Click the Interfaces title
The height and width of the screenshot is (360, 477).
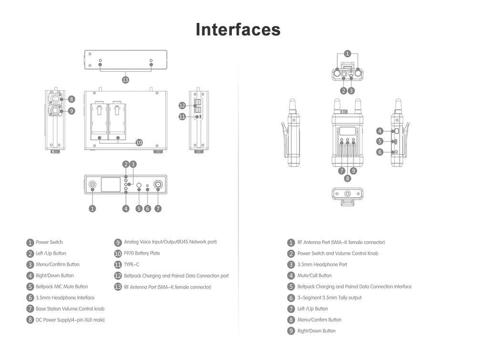[238, 30]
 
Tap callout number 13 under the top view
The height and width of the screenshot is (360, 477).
[125, 80]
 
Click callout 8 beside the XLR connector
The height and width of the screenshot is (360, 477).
[72, 99]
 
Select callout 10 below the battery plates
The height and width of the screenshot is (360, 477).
[139, 142]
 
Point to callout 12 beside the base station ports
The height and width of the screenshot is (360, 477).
[182, 106]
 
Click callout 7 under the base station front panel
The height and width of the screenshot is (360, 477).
[158, 209]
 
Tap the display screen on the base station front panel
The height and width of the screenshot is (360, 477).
[111, 184]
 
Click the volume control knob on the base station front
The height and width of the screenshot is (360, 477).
[158, 185]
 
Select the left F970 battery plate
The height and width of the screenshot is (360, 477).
[99, 118]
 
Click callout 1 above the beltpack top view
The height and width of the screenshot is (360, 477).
[347, 54]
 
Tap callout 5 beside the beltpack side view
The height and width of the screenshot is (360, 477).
[380, 141]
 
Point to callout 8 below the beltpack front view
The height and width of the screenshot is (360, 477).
[347, 179]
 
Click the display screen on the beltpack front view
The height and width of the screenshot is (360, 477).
[347, 131]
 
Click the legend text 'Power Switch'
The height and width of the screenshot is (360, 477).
[49, 242]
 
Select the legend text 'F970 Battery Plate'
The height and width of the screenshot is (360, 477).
[142, 253]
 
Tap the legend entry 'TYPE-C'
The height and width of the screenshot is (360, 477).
[132, 265]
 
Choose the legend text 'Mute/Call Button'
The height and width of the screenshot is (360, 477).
[314, 275]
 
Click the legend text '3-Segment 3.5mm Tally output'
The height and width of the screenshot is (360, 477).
[330, 297]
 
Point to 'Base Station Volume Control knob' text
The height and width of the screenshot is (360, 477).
[70, 308]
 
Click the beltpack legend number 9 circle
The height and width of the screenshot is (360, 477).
[291, 331]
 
